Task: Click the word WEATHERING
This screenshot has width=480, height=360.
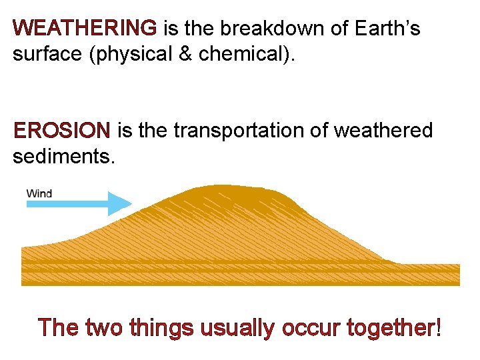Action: click(x=85, y=29)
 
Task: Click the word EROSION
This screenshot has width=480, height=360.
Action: click(x=61, y=131)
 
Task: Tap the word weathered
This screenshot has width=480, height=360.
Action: click(x=383, y=131)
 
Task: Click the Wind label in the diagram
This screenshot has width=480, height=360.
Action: click(x=39, y=194)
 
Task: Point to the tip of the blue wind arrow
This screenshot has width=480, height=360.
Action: click(x=131, y=203)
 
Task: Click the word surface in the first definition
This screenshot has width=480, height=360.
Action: click(x=50, y=54)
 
